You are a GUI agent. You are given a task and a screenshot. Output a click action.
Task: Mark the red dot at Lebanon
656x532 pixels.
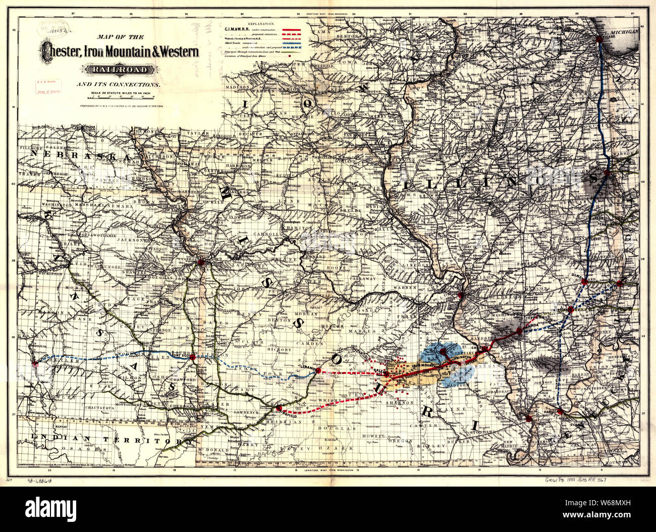pyautogui.click(x=318, y=370)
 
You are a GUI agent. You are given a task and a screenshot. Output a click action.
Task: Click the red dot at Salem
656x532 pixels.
pyautogui.click(x=387, y=374)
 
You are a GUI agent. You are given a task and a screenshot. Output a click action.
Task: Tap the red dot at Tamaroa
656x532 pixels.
pyautogui.click(x=519, y=331)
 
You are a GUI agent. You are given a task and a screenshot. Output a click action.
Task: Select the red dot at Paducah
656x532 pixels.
pyautogui.click(x=560, y=412)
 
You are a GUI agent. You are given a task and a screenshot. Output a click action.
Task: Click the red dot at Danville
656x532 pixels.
pyautogui.click(x=608, y=173)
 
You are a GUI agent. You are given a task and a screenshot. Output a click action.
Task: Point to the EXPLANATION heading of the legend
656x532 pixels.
pyautogui.click(x=255, y=24)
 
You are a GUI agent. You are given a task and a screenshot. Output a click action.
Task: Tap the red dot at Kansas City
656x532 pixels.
pyautogui.click(x=201, y=262)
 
